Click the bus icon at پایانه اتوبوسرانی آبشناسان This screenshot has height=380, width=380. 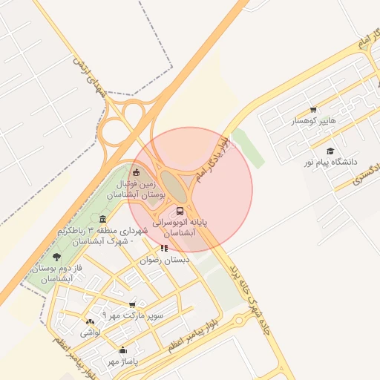[182, 211]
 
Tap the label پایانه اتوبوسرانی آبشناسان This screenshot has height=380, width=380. [180, 227]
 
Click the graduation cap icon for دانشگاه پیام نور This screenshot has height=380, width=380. [330, 151]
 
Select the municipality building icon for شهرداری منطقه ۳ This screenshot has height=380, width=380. [102, 219]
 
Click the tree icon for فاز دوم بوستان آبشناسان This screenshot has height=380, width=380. [56, 257]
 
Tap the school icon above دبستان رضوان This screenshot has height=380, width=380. [164, 248]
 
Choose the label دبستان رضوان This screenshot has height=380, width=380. [165, 261]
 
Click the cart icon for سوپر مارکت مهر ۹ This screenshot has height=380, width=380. [132, 304]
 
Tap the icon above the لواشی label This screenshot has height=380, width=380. [90, 322]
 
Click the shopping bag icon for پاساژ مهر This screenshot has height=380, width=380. [122, 350]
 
